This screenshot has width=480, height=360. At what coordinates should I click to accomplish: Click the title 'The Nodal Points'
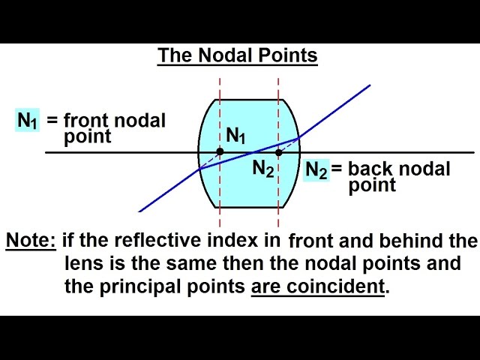(x=237, y=55)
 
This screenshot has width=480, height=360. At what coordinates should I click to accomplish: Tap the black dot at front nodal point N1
(x=220, y=152)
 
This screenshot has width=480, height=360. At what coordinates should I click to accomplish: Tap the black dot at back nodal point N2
(x=278, y=152)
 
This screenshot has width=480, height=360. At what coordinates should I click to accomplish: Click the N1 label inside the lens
(x=236, y=136)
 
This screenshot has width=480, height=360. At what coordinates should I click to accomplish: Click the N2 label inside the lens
(x=262, y=169)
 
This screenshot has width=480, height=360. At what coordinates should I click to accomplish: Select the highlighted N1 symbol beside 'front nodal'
(x=28, y=120)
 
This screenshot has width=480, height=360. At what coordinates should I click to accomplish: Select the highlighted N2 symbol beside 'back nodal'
(x=316, y=170)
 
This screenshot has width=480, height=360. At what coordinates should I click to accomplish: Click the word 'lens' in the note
(x=81, y=263)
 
